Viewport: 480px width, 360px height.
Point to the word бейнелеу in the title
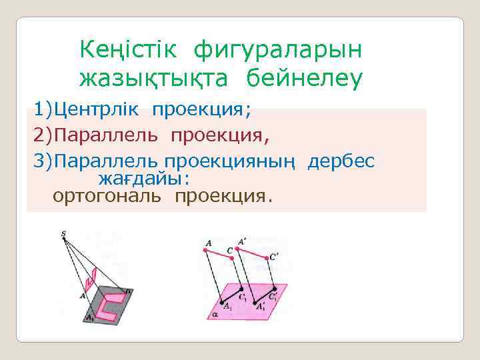click(305, 79)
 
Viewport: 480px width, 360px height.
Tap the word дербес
click(341, 161)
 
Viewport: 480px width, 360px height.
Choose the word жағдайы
click(144, 179)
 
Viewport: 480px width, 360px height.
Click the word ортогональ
click(110, 196)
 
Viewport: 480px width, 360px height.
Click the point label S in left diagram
click(63, 233)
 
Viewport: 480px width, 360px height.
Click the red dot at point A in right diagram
click(203, 251)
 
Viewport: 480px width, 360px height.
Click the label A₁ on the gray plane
click(89, 318)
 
